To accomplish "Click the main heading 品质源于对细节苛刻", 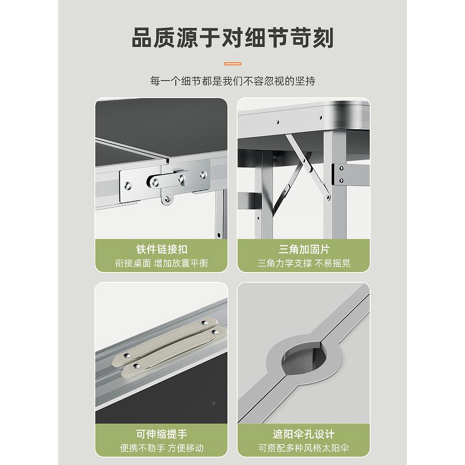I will point(232,38).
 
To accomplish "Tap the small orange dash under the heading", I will point(232,63).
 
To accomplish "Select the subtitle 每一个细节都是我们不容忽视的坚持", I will point(232,81).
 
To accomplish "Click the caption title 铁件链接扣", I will point(162,249).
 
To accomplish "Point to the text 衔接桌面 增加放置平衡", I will point(162,263).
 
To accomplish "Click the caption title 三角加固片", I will point(304,249).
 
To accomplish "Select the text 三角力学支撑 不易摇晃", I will point(304,263).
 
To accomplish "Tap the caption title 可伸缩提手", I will point(162,434).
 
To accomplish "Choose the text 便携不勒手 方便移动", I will point(162,448).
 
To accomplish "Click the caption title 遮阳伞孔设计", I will point(304,434).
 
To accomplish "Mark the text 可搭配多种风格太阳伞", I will point(304,448).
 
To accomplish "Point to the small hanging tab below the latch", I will point(168,199).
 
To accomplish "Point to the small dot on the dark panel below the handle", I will point(213,403).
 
